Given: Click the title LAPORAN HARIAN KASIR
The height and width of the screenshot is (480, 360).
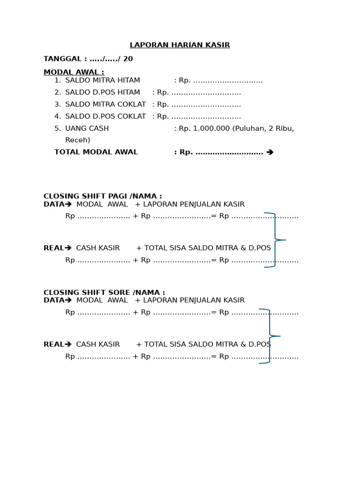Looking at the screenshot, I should click(180, 45).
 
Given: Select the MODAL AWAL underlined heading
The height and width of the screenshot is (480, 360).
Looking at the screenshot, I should click(74, 72).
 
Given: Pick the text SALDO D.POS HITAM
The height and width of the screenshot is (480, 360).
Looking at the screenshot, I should click(102, 92).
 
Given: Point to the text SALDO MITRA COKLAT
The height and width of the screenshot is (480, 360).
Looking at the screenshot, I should click(105, 105).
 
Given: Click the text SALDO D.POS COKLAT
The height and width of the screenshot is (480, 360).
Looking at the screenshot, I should click(105, 116).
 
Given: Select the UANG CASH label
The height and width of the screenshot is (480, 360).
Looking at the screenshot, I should click(87, 128).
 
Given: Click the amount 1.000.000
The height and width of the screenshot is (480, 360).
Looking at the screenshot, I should click(211, 128).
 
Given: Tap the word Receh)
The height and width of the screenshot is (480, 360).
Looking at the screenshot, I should click(78, 140).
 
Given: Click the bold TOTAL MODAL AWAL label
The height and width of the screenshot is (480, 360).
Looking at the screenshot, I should click(96, 152).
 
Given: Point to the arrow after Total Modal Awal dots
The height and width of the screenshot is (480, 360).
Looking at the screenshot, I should click(270, 152).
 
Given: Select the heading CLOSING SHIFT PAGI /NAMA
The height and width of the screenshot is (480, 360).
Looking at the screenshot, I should click(103, 196).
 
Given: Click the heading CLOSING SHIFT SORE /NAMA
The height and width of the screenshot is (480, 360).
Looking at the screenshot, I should click(104, 292).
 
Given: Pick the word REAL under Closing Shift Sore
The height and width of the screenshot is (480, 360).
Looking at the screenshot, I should click(53, 345).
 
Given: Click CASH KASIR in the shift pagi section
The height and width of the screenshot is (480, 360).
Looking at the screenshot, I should click(98, 248).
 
